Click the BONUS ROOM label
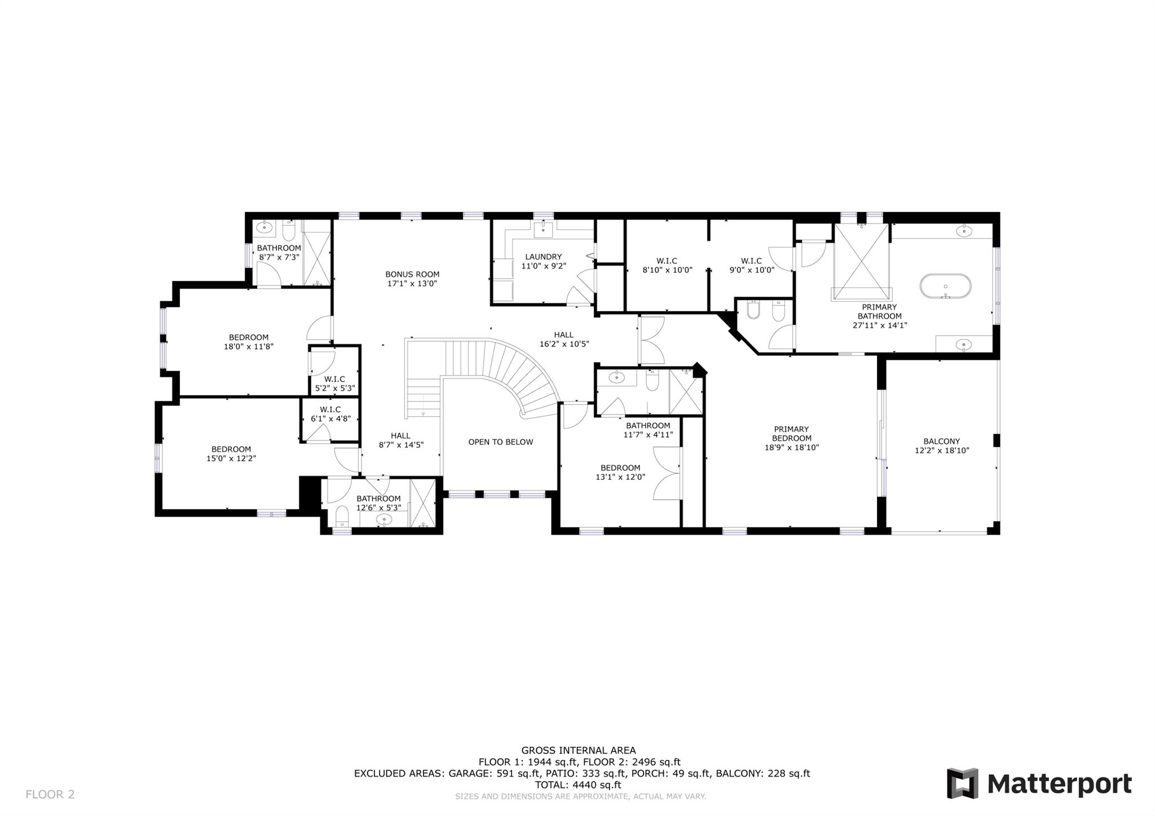pos(412,275)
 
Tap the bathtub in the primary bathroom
pos(946,286)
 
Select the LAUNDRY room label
pos(543,257)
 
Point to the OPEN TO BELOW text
pos(500,442)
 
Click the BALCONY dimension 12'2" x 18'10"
pos(941,451)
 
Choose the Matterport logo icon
pos(962,783)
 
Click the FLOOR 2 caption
pos(50,795)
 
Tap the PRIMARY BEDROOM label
pos(791,434)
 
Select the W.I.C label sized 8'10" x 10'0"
pos(667,261)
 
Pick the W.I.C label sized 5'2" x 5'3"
pos(334,380)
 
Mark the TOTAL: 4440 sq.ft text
pos(577,785)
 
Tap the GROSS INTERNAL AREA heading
pos(578,751)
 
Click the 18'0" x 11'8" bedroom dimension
pos(248,347)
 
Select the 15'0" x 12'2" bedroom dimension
pos(231,458)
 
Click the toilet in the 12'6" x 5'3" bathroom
pos(342,515)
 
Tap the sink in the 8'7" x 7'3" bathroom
pos(263,228)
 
